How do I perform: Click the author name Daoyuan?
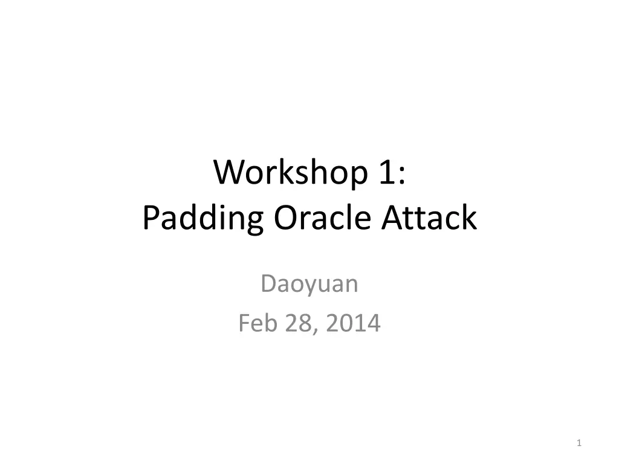tap(309, 284)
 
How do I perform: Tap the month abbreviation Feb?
tap(254, 324)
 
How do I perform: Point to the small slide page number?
tap(579, 444)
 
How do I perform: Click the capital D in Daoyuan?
tap(268, 284)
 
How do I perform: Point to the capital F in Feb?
tap(244, 324)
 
